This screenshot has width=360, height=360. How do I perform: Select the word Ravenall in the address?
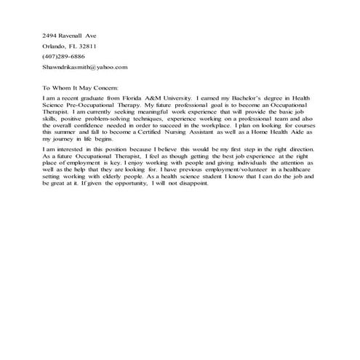point(73,35)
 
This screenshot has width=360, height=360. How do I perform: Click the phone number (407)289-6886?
point(63,56)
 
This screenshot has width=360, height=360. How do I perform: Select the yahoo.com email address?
point(85,66)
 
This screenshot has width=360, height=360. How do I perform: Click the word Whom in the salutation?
point(63,87)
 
